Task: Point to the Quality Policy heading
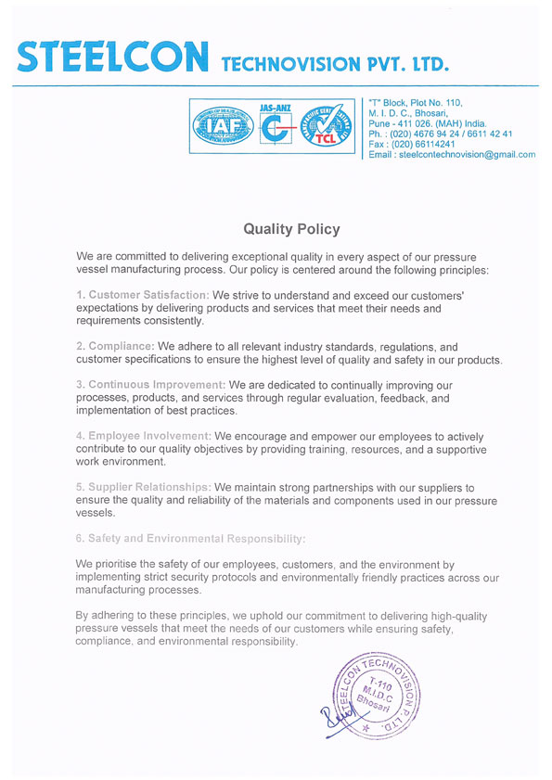291,228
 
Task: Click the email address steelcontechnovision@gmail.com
467,155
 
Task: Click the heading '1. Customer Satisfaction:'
143,295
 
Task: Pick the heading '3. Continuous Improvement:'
150,384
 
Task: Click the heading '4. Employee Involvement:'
143,435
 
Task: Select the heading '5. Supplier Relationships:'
144,487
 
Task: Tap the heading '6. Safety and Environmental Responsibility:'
190,538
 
